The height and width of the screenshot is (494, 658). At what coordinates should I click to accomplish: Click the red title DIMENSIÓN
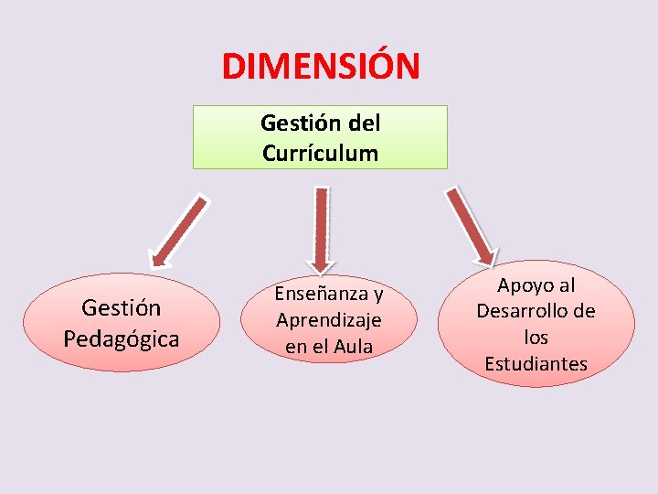(321, 66)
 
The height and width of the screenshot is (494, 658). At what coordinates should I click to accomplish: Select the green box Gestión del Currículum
(320, 137)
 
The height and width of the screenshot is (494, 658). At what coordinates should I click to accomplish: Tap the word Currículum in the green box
(320, 153)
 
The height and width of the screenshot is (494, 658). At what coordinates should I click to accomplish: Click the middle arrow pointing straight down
(320, 229)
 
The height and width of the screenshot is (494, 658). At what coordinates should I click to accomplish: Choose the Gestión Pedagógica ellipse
(122, 323)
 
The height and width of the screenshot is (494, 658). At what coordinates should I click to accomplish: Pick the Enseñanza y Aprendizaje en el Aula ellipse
(329, 320)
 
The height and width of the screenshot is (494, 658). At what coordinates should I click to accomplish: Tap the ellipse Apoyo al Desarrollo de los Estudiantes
(536, 325)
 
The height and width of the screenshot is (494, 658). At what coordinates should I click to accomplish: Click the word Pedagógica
(122, 338)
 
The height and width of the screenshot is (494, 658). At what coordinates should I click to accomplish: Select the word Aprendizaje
(329, 320)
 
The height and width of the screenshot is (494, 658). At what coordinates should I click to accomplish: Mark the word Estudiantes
(536, 364)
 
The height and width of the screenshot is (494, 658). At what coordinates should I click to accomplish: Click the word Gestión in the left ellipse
(122, 308)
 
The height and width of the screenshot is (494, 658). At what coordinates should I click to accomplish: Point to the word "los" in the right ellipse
(536, 338)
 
